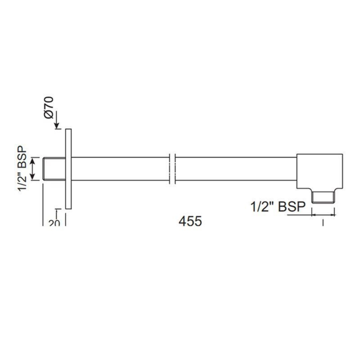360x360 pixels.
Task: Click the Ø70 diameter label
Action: [49, 108]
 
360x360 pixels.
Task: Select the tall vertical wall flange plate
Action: [68, 169]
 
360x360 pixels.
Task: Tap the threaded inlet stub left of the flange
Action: [54, 169]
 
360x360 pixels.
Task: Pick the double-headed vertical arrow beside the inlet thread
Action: [33, 169]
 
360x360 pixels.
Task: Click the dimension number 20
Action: [54, 222]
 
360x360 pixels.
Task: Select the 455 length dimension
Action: [190, 221]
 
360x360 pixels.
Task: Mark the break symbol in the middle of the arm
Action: [172, 169]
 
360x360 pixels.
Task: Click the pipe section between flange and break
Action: [120, 169]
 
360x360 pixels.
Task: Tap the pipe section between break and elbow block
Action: [236, 169]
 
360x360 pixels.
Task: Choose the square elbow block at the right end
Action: [319, 171]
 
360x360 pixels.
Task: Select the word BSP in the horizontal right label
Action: [292, 207]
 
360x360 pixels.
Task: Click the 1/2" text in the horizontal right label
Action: [262, 207]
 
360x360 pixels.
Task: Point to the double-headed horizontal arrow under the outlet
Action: [323, 215]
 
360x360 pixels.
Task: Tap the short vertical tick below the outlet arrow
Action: [323, 222]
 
